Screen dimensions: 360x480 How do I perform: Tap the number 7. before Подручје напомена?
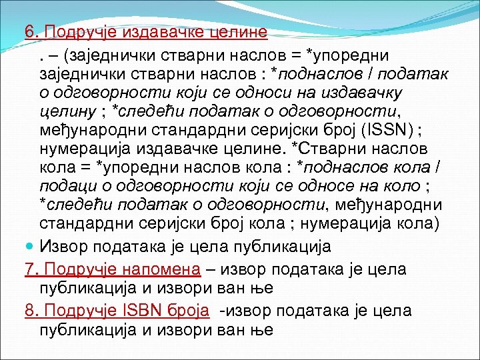31,269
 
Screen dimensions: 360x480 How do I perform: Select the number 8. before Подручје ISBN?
31,311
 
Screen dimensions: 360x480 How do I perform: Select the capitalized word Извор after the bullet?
67,247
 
